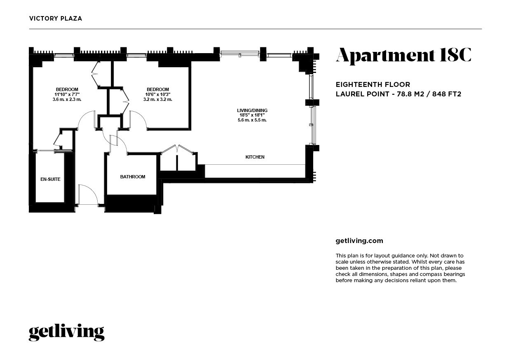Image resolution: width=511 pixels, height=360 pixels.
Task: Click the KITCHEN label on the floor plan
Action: (x=255, y=157)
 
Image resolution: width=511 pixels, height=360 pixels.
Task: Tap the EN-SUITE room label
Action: (x=50, y=180)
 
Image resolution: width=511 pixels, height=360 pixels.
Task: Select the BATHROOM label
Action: (x=133, y=177)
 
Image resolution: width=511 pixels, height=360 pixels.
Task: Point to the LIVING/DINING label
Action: (x=252, y=110)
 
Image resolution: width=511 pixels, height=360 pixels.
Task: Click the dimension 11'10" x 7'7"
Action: (x=67, y=94)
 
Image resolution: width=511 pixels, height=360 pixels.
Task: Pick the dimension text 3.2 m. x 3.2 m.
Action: (x=158, y=99)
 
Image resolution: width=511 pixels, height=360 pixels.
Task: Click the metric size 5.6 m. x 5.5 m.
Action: (x=252, y=120)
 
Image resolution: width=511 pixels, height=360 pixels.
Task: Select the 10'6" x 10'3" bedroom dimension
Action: (x=158, y=94)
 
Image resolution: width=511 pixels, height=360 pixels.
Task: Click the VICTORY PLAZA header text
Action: (x=56, y=19)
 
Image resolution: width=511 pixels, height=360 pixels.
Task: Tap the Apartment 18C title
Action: (x=403, y=55)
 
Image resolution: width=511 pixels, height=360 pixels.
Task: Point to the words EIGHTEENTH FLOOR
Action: (x=373, y=84)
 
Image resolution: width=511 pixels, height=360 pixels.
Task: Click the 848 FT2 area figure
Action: (x=447, y=94)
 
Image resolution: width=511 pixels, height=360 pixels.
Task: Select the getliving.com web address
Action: (x=359, y=241)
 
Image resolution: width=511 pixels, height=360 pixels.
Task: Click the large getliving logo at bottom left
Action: (x=66, y=332)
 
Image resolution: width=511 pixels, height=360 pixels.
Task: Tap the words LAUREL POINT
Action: (x=362, y=94)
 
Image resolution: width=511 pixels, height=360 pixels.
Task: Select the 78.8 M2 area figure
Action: (x=410, y=94)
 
